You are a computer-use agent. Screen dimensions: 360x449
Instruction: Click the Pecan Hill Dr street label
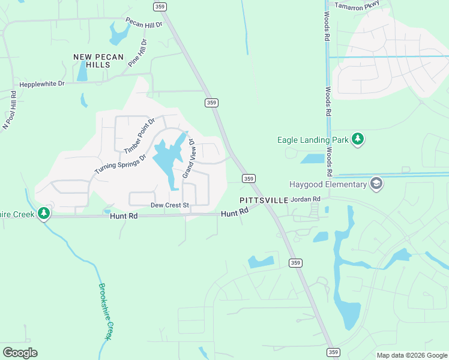(144, 23)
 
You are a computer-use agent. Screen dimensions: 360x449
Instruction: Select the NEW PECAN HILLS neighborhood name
(98, 61)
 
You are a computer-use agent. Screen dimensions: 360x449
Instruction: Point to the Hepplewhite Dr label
(41, 84)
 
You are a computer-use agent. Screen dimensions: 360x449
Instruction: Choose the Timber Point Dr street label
(139, 135)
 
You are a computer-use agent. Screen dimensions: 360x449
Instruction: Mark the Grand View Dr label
(188, 158)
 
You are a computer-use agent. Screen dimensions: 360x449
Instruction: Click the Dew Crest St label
(169, 205)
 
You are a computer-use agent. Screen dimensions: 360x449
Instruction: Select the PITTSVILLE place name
(264, 200)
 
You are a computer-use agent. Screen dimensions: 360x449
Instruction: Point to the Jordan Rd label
(306, 199)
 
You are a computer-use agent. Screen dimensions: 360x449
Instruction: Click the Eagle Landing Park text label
(313, 140)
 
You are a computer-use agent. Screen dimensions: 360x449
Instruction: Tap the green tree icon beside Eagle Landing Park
(358, 140)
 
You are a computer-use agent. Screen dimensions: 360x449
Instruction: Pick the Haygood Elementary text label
(328, 184)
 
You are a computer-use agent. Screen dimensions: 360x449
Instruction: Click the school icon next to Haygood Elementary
(376, 183)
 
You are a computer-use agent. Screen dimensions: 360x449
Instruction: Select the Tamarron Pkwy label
(358, 6)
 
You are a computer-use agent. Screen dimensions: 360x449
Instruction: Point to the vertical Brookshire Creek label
(106, 312)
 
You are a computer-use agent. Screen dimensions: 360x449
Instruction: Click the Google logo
(20, 353)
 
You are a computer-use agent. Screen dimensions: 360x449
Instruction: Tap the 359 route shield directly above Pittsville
(249, 178)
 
